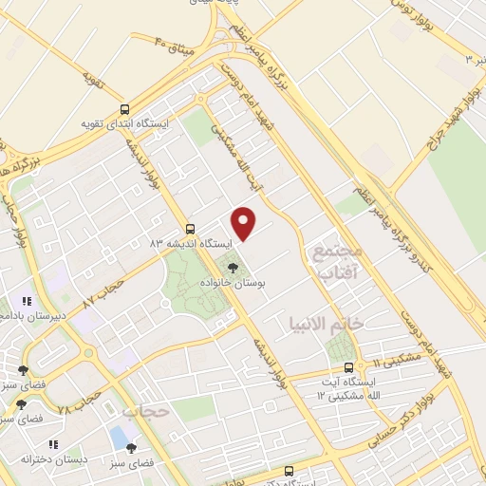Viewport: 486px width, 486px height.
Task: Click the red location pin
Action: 245,223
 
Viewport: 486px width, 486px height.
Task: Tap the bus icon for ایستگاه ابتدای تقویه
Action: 124,108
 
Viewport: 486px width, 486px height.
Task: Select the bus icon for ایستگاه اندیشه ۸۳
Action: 191,229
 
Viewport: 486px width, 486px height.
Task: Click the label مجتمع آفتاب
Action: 338,258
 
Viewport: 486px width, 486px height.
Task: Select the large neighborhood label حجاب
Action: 145,411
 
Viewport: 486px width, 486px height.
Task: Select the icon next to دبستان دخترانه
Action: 55,443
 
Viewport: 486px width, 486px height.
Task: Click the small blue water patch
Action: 120,438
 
